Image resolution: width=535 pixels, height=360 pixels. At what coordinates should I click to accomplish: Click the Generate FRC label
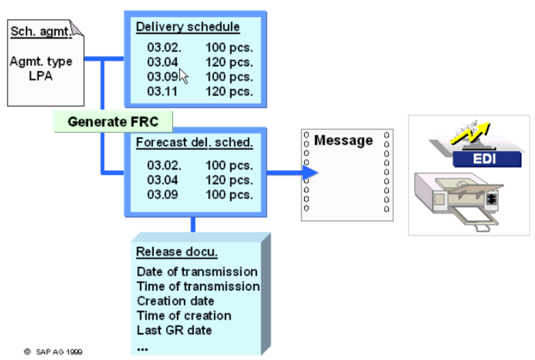pyautogui.click(x=113, y=121)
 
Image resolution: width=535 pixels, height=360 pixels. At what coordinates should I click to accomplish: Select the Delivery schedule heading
pyautogui.click(x=188, y=27)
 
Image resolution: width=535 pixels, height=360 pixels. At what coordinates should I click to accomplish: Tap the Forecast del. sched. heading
pyautogui.click(x=194, y=143)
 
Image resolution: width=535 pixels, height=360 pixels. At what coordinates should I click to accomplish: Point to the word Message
pyautogui.click(x=344, y=141)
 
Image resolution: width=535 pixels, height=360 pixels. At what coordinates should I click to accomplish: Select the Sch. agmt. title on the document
pyautogui.click(x=42, y=31)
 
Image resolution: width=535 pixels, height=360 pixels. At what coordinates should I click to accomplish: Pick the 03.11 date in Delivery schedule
pyautogui.click(x=162, y=91)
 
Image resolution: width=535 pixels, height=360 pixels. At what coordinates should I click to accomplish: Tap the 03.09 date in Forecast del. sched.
pyautogui.click(x=162, y=194)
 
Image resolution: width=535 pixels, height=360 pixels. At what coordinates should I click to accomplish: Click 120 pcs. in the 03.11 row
pyautogui.click(x=229, y=91)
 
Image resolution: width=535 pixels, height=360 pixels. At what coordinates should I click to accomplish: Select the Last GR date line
pyautogui.click(x=174, y=330)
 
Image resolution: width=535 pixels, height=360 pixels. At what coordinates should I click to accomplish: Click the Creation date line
pyautogui.click(x=175, y=300)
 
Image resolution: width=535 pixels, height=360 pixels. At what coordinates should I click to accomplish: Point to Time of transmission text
pyautogui.click(x=198, y=286)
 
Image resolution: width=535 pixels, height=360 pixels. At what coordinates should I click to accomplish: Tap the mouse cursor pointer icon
pyautogui.click(x=184, y=76)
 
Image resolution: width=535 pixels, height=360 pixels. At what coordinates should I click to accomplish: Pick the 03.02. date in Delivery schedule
pyautogui.click(x=164, y=47)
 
